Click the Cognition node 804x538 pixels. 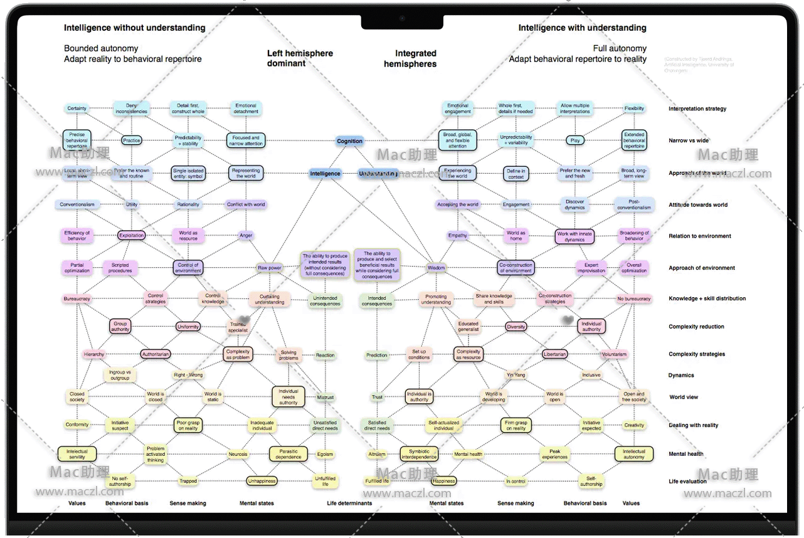[x=349, y=141]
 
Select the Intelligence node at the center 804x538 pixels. [x=325, y=174]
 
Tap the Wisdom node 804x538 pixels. [x=436, y=268]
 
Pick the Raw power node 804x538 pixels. [x=270, y=268]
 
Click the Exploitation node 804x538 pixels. [x=132, y=236]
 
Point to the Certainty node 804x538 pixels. [x=77, y=108]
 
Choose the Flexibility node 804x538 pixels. [x=634, y=108]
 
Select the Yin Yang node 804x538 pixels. [x=516, y=375]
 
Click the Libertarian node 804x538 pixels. [x=555, y=354]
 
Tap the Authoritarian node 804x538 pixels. [x=156, y=354]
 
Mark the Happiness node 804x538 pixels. [x=443, y=482]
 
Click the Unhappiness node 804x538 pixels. [x=262, y=482]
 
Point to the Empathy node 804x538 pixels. [x=458, y=236]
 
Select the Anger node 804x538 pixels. [x=246, y=236]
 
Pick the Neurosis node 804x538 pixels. [x=238, y=454]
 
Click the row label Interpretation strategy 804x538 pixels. [x=697, y=109]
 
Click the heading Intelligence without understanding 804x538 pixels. [x=135, y=28]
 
